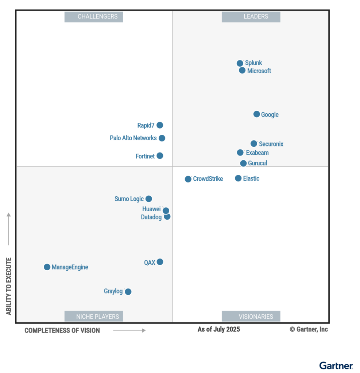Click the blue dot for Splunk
click(x=240, y=63)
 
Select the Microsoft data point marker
click(x=242, y=70)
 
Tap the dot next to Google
click(x=256, y=114)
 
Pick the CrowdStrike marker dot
click(x=188, y=179)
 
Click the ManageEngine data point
click(x=47, y=267)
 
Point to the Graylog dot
click(x=128, y=291)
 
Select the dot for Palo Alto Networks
click(x=162, y=138)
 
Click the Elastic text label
click(x=251, y=178)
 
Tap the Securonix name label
click(x=271, y=144)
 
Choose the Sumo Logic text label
click(x=129, y=199)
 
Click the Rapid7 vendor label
click(x=146, y=125)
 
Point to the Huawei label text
click(x=151, y=209)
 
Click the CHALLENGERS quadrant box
click(x=94, y=17)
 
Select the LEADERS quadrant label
click(x=251, y=17)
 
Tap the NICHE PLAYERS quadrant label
click(x=94, y=316)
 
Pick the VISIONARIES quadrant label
click(x=251, y=316)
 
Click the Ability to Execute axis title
click(x=9, y=286)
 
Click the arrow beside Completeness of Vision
click(x=129, y=330)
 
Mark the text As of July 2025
click(x=219, y=329)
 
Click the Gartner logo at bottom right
click(x=336, y=365)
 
